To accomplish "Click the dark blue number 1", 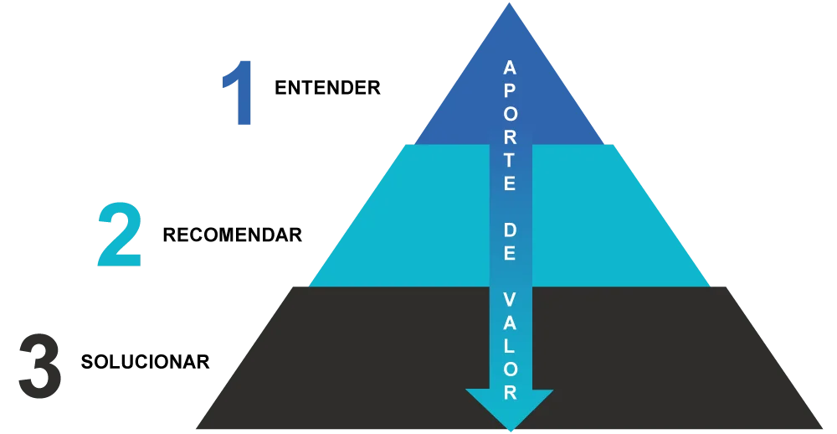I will [x=240, y=96].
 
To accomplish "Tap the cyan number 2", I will [x=119, y=235].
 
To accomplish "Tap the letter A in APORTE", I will [x=510, y=68].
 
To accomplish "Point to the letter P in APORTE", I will [x=510, y=90].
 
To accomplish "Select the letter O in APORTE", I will [x=510, y=113].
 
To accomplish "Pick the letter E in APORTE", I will [x=510, y=183].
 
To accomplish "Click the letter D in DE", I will [x=510, y=230].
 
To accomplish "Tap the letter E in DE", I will [x=510, y=253].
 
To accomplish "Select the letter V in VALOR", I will [x=510, y=299].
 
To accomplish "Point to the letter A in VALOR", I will [x=510, y=323].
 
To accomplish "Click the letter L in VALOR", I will [x=510, y=346].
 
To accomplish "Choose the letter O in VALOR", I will [x=510, y=369].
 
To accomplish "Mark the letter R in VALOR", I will [x=510, y=392].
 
